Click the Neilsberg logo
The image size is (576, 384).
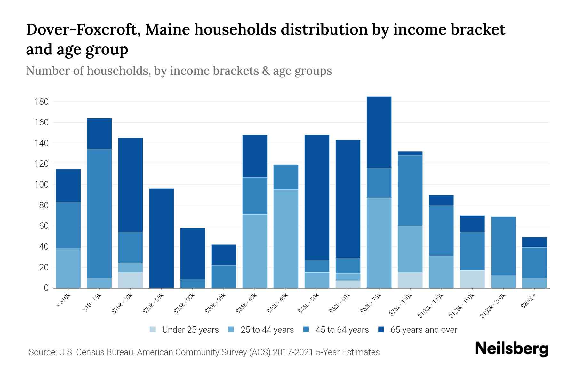tap(511, 349)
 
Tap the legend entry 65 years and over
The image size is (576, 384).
tap(424, 330)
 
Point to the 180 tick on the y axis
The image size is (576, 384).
tap(42, 102)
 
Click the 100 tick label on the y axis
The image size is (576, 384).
tap(42, 185)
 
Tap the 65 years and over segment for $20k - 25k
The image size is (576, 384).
tap(162, 238)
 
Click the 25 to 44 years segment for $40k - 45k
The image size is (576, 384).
tap(286, 239)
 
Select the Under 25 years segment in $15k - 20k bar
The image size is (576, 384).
tap(131, 280)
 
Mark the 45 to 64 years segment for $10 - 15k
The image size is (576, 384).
tap(100, 214)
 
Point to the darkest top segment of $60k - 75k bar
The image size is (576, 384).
tap(379, 132)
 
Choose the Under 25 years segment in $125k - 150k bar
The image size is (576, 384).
tap(472, 279)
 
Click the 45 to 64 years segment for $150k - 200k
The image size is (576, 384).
tap(503, 246)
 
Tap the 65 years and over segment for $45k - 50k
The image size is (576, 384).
tap(317, 197)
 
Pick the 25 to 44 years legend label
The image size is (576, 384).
tap(267, 330)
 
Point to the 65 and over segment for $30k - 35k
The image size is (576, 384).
tap(224, 255)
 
